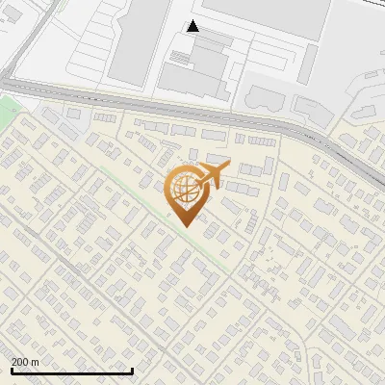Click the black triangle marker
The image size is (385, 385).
[x=193, y=26]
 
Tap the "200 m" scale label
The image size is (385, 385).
[x=24, y=362]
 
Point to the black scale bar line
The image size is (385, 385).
[x=71, y=371]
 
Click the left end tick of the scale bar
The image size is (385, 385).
[x=12, y=369]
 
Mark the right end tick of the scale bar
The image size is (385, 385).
[x=132, y=369]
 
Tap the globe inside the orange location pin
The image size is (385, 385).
[x=184, y=191]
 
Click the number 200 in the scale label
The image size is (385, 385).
[x=19, y=362]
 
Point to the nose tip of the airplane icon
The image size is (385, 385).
[x=227, y=167]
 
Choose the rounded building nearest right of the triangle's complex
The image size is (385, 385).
[x=262, y=95]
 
